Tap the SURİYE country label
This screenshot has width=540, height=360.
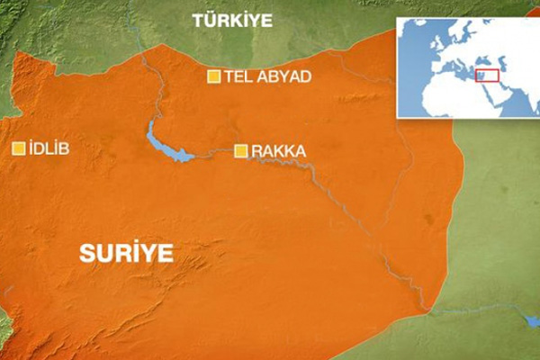coord(125,253)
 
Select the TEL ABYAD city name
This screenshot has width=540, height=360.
coord(269,77)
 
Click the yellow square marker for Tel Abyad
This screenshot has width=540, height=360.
coord(214,77)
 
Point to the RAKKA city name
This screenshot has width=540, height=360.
coord(278,151)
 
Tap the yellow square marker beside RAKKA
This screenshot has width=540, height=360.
coord(240,151)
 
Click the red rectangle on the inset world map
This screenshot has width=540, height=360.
coord(487,76)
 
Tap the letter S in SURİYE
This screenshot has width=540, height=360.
coord(86,253)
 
